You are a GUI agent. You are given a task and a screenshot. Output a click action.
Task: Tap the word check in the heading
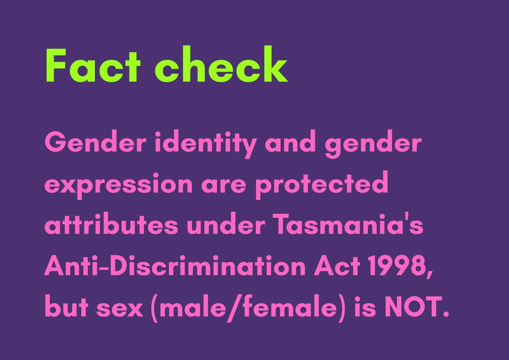(221, 66)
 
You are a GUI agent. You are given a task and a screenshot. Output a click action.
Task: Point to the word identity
(206, 142)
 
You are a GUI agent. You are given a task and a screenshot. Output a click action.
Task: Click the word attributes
(112, 226)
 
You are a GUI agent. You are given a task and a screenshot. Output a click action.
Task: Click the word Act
(334, 267)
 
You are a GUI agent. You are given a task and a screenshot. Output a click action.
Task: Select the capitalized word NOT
(414, 308)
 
